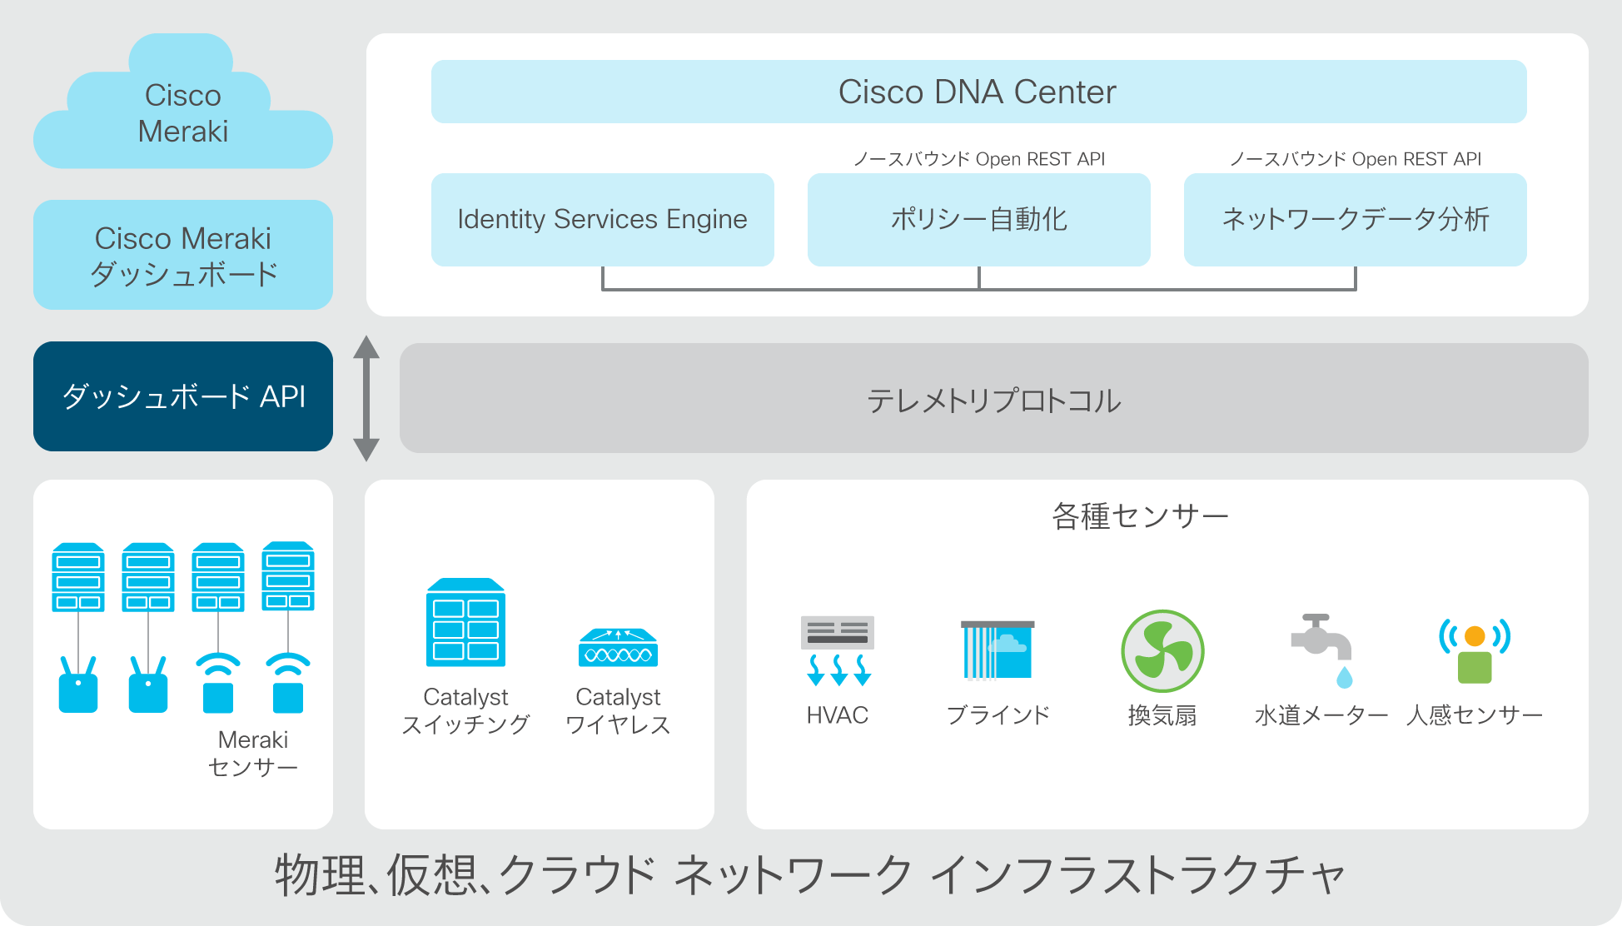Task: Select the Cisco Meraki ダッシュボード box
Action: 183,255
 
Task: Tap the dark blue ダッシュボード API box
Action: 183,396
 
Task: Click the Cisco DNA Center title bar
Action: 978,92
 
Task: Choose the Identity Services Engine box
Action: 602,220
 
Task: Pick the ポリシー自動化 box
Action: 978,220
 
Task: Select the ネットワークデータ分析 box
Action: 1355,220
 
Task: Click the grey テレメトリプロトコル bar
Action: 993,398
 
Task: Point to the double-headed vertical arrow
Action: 366,398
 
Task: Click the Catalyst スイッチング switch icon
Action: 465,622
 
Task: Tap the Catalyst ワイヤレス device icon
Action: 618,647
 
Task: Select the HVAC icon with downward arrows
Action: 838,650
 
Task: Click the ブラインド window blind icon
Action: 998,650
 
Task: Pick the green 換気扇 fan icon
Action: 1162,651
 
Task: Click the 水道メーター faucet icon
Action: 1321,650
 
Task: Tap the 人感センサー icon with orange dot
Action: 1475,650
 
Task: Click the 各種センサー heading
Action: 1140,516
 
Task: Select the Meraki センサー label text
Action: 253,753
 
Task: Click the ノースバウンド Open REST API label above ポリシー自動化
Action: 979,159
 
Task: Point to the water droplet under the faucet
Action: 1345,677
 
